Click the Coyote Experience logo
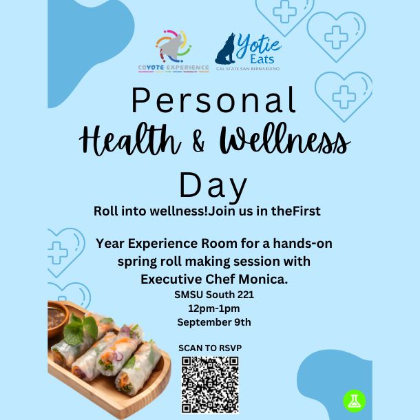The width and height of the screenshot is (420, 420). [174, 52]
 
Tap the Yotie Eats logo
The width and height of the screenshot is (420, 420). [248, 52]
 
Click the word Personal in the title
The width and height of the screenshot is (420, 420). [214, 100]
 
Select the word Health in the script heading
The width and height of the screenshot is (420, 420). [130, 139]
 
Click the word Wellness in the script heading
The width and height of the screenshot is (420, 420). [285, 139]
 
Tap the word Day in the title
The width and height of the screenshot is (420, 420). [213, 185]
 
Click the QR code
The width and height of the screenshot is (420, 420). [210, 385]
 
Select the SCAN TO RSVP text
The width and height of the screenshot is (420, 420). [210, 348]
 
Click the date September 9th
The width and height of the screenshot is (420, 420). [214, 322]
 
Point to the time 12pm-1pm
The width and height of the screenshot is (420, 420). [214, 308]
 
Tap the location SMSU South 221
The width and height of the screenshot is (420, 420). [214, 295]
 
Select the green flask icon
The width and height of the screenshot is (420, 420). [355, 401]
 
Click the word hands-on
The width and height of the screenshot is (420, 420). [303, 244]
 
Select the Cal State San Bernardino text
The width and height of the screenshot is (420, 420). [248, 69]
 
